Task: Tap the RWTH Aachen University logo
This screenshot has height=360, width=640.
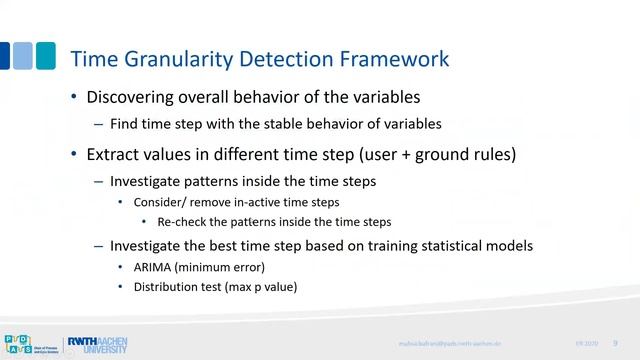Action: tap(96, 344)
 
